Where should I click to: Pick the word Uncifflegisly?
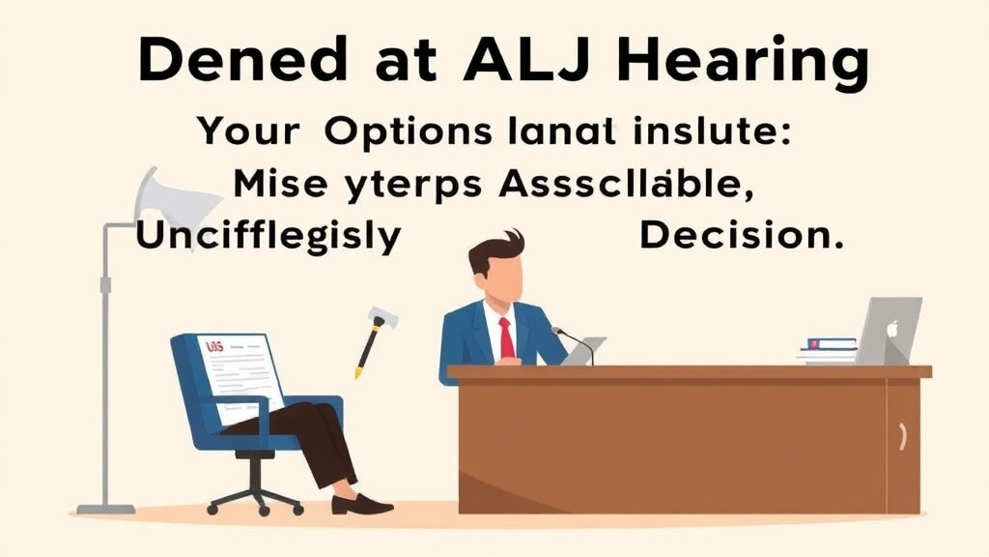[268, 236]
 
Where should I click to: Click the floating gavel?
[375, 338]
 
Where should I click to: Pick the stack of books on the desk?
[828, 350]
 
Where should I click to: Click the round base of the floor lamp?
[106, 508]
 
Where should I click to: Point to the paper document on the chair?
[241, 371]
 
